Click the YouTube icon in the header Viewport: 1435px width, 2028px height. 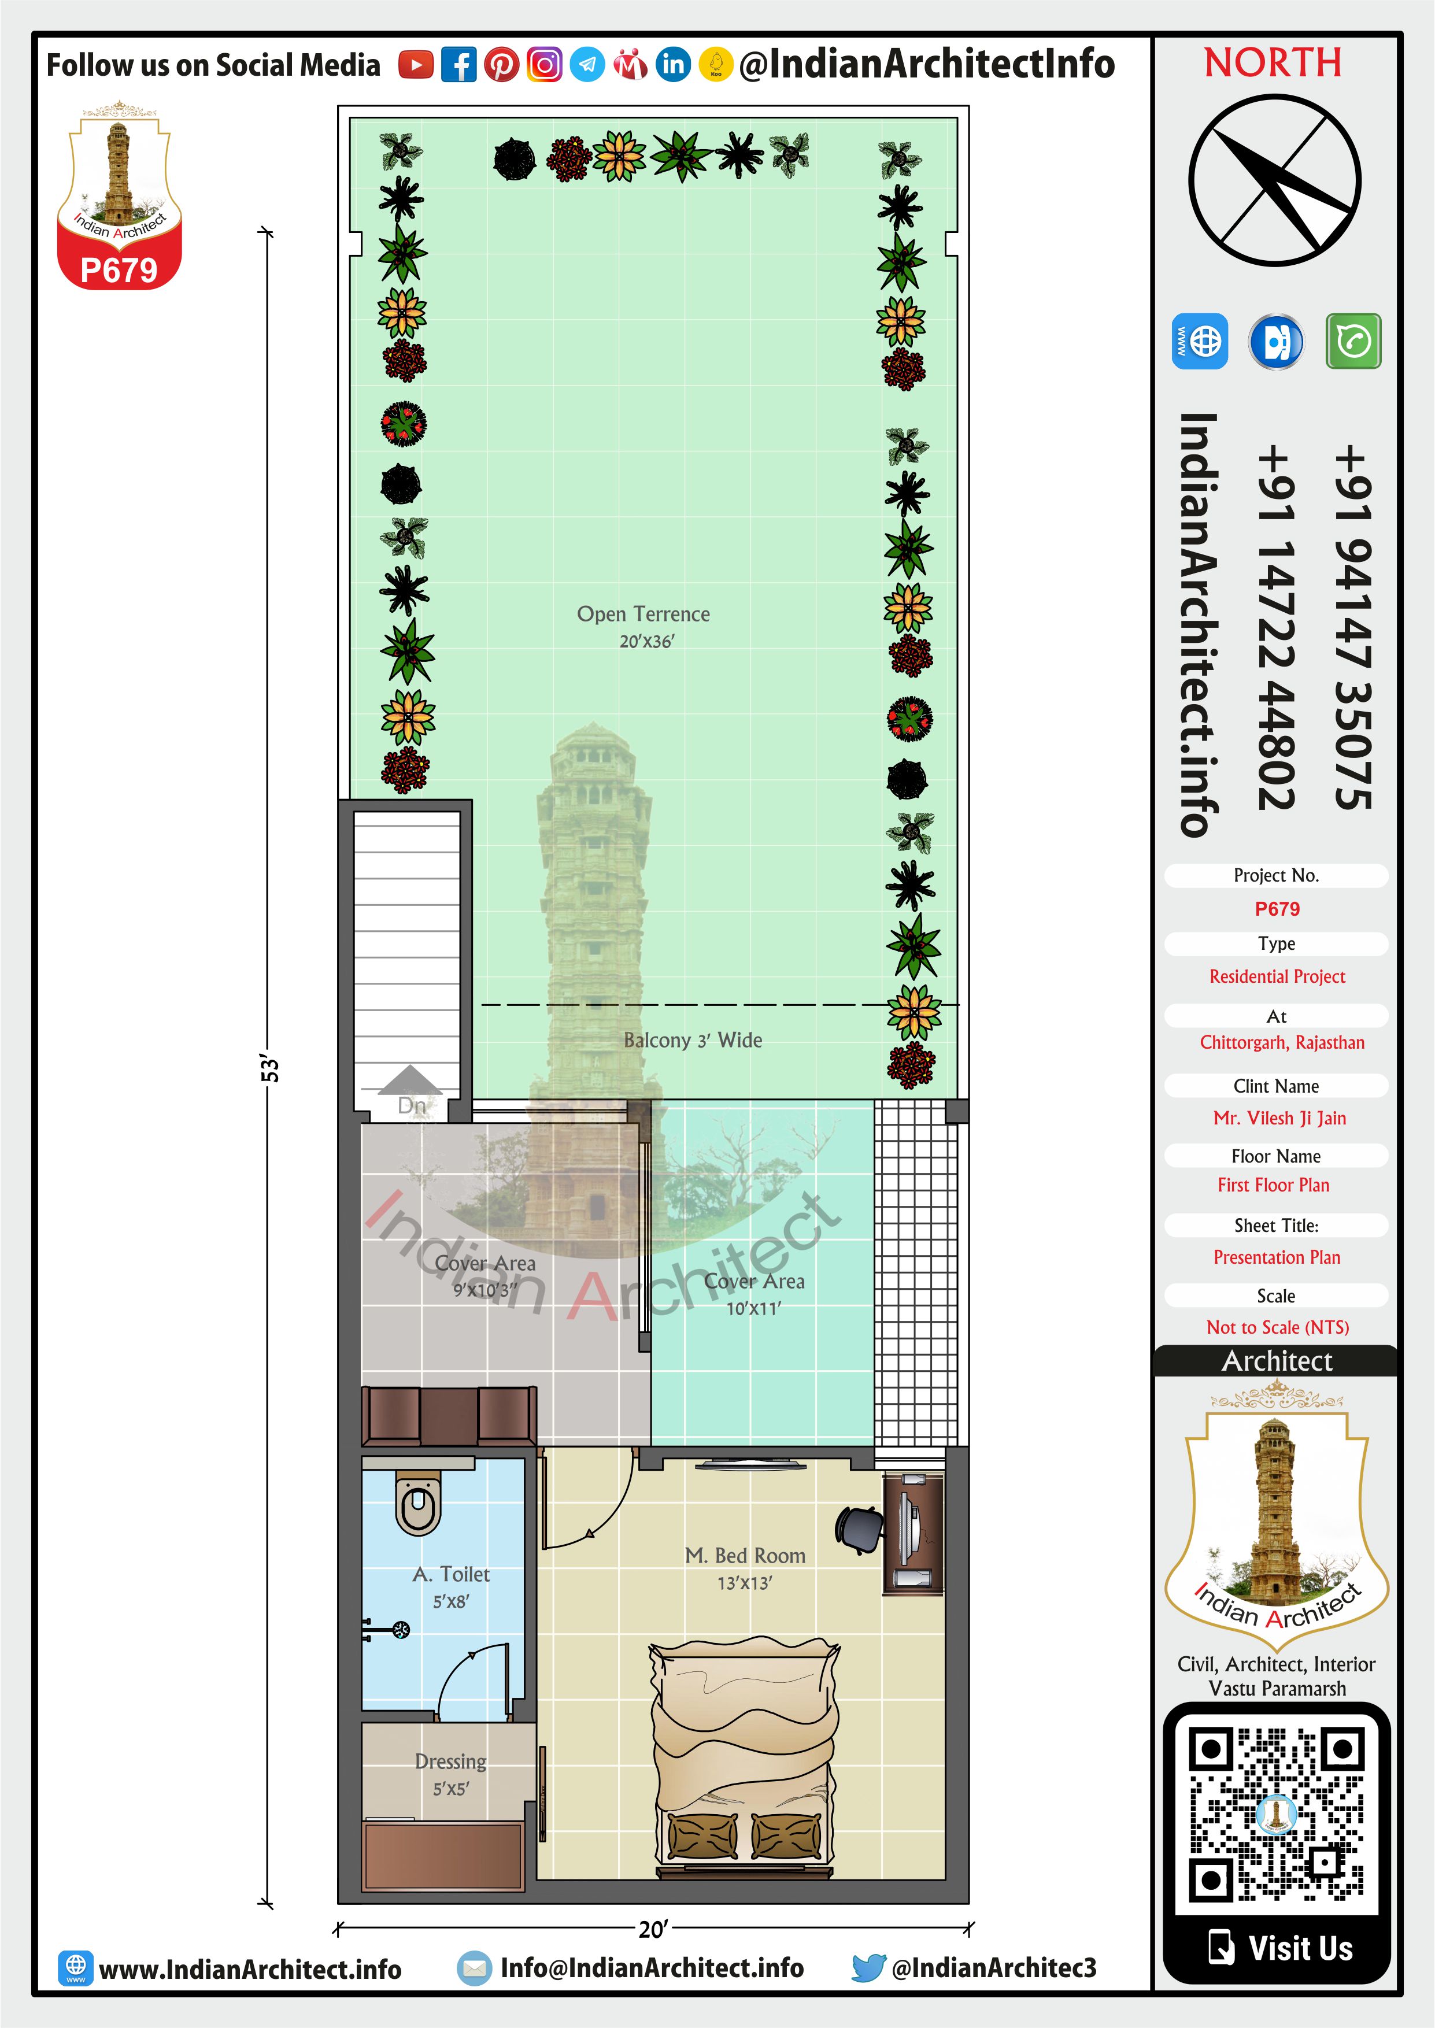[x=416, y=65]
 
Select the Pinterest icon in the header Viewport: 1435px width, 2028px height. [x=502, y=65]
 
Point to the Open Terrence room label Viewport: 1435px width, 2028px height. [x=644, y=626]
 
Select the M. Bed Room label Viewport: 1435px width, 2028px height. [x=745, y=1568]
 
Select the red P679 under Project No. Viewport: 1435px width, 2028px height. [x=1277, y=909]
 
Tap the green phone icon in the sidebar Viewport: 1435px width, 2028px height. [x=1353, y=340]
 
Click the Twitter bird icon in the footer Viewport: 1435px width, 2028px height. [x=868, y=1967]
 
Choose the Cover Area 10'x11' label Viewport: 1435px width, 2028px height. [x=754, y=1294]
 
